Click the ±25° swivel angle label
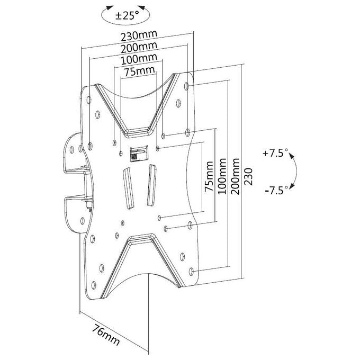tap(127, 15)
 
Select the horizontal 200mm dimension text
tap(139, 47)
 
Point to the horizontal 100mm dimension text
tap(139, 59)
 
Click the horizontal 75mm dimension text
tap(139, 71)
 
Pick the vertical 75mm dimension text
tap(209, 176)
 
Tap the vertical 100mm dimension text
tap(222, 176)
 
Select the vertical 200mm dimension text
tap(235, 176)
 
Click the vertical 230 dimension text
tap(248, 176)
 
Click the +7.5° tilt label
tap(275, 153)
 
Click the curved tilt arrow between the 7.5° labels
tap(296, 172)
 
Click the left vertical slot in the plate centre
tap(128, 188)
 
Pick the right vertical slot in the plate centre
tap(151, 185)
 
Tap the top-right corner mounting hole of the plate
tap(186, 86)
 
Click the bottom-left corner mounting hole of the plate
tap(94, 285)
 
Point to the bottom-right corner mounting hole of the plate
tap(191, 272)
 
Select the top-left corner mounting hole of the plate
tap(89, 100)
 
